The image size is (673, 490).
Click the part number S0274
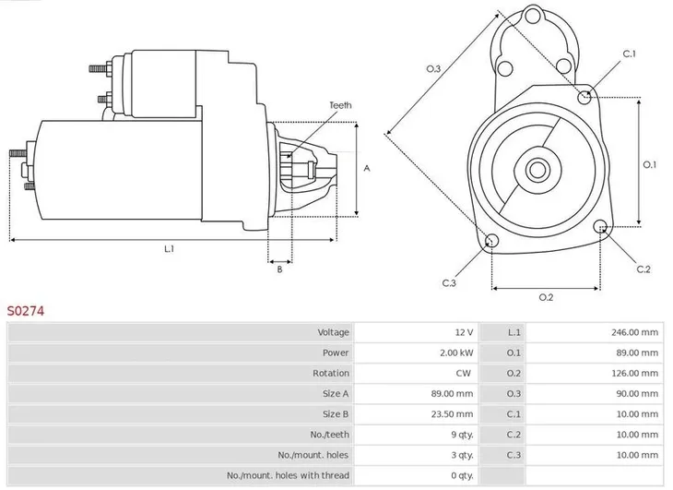(x=26, y=311)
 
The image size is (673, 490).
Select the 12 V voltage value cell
(x=463, y=332)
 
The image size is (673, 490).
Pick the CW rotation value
(x=463, y=373)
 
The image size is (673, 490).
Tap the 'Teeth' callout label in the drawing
(x=340, y=106)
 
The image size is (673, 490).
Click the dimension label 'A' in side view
(x=367, y=168)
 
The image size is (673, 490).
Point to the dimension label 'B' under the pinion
(x=278, y=269)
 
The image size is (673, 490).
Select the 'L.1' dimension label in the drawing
(x=169, y=248)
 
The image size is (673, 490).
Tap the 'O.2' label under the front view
(x=545, y=296)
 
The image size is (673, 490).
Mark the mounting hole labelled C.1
(x=584, y=97)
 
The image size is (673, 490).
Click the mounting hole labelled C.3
(x=491, y=242)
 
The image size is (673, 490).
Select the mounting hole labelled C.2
(x=602, y=227)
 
